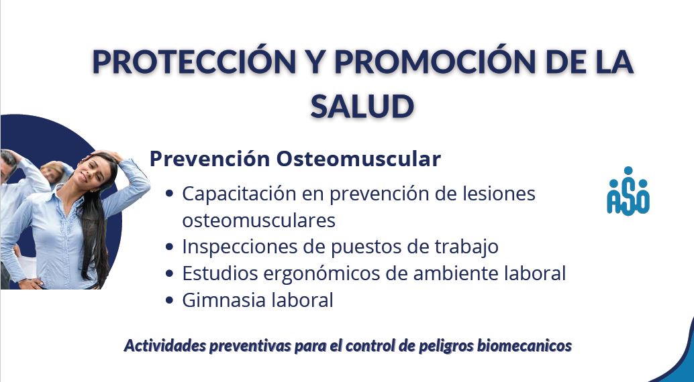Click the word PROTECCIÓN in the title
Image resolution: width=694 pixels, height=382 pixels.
(x=194, y=62)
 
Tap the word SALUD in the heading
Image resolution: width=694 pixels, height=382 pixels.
(x=362, y=107)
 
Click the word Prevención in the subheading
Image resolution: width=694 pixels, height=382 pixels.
(x=210, y=159)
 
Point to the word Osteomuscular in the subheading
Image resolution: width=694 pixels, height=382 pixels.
(x=358, y=159)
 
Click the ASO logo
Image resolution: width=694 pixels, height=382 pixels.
(x=628, y=191)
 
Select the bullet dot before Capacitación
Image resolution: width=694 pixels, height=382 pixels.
(x=169, y=194)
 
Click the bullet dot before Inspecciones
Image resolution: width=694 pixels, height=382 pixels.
(x=169, y=247)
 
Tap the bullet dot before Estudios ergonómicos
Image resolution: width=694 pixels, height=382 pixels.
(x=169, y=273)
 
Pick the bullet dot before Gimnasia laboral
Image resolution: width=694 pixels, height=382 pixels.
(x=169, y=300)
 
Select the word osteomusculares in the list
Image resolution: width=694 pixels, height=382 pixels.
(x=258, y=220)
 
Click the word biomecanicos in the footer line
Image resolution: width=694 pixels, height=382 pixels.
(x=524, y=345)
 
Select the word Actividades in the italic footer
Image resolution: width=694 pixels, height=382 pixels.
(x=165, y=345)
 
